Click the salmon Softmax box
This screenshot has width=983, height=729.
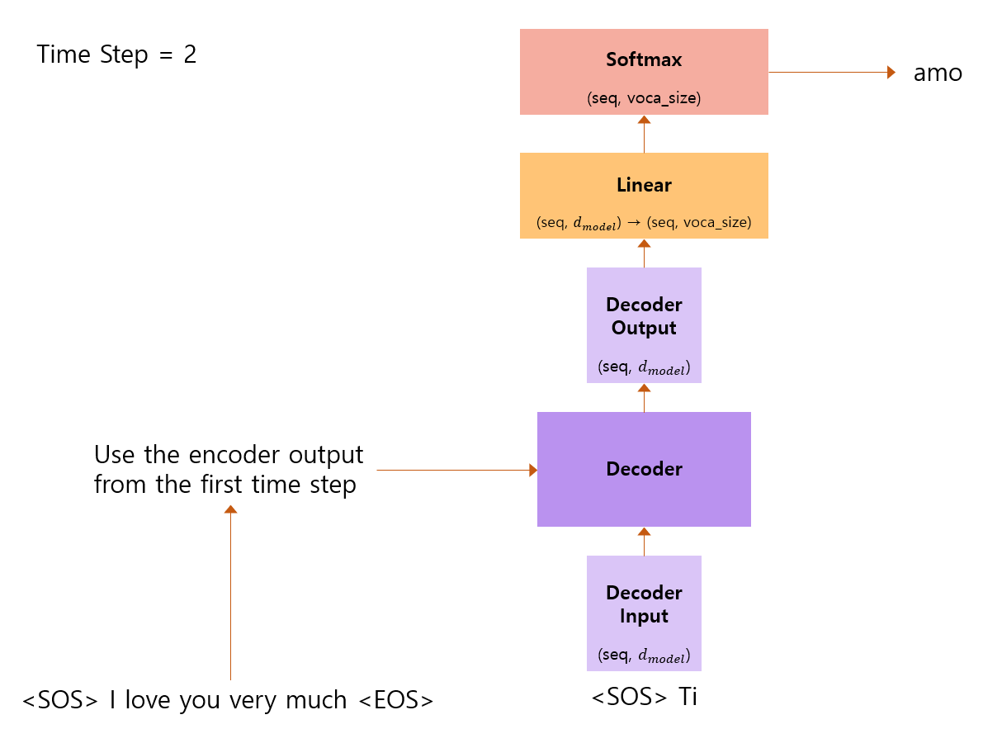[644, 71]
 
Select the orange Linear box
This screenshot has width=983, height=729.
[644, 196]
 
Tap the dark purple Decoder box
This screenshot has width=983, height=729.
[644, 469]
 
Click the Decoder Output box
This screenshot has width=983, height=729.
[644, 324]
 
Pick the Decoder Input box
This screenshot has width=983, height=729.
[644, 613]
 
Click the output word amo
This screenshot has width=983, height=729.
[938, 73]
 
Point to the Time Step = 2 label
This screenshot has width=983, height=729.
[116, 55]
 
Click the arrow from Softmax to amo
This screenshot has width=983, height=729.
[829, 72]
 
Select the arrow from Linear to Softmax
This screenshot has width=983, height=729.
[644, 134]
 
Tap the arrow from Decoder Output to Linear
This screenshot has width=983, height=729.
[644, 253]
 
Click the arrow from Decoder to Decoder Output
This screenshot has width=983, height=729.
[644, 397]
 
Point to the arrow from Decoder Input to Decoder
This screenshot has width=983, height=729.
[644, 541]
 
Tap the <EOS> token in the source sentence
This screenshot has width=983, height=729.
[395, 700]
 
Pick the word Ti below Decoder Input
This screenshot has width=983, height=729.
[687, 697]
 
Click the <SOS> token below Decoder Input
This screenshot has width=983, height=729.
[630, 697]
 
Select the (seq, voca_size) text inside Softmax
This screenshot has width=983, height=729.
[644, 98]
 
